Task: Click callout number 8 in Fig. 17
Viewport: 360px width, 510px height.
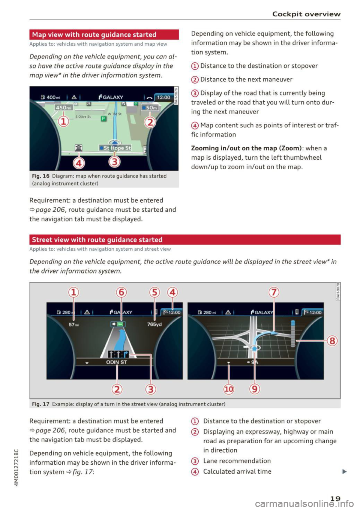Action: tap(332, 341)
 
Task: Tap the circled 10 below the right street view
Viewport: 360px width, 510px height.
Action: tap(229, 389)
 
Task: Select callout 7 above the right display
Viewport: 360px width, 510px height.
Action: tap(274, 292)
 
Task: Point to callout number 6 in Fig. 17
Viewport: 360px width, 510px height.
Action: tap(121, 292)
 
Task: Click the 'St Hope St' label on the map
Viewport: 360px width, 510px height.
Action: tap(115, 148)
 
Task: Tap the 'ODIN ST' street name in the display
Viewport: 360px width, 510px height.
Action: tap(117, 362)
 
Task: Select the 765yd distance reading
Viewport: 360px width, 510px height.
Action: tap(154, 324)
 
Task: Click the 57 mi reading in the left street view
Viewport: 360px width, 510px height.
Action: tap(74, 325)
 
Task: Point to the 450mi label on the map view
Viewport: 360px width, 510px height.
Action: tap(64, 108)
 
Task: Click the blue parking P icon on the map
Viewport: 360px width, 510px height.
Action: tap(104, 119)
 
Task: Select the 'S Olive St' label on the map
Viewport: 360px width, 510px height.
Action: tap(83, 117)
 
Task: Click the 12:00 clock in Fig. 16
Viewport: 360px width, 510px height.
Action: tap(163, 97)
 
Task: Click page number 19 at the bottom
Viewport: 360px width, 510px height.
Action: tap(335, 498)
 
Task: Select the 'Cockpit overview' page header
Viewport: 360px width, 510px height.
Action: tap(306, 14)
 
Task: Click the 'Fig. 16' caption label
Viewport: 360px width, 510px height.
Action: tap(40, 176)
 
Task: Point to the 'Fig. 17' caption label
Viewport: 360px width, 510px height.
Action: tap(40, 404)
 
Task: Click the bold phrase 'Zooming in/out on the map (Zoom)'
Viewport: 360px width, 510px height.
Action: tap(246, 148)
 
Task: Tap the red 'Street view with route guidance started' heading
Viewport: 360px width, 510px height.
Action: tap(97, 240)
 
